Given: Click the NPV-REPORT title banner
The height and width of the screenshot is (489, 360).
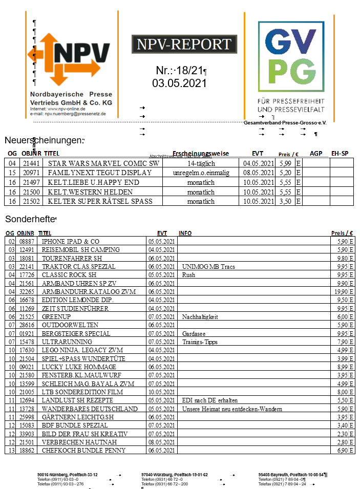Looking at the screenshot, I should click(x=184, y=45).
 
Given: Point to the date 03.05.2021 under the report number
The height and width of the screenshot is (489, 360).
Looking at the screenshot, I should click(x=179, y=83).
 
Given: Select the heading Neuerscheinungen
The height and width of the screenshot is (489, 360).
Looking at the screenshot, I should click(x=44, y=140).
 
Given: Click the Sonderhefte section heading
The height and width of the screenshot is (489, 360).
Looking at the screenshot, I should click(x=30, y=219).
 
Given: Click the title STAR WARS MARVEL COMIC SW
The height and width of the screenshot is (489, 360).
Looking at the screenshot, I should click(x=103, y=163).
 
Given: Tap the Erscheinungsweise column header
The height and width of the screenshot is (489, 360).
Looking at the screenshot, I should click(x=201, y=153).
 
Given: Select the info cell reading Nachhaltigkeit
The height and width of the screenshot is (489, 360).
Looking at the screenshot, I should click(x=200, y=317).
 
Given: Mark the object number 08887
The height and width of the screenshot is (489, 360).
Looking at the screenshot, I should click(x=27, y=241).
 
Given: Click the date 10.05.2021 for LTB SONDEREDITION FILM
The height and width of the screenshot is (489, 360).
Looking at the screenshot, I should click(x=161, y=392).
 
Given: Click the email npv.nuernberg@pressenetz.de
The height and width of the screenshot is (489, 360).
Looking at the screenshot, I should click(x=75, y=114).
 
